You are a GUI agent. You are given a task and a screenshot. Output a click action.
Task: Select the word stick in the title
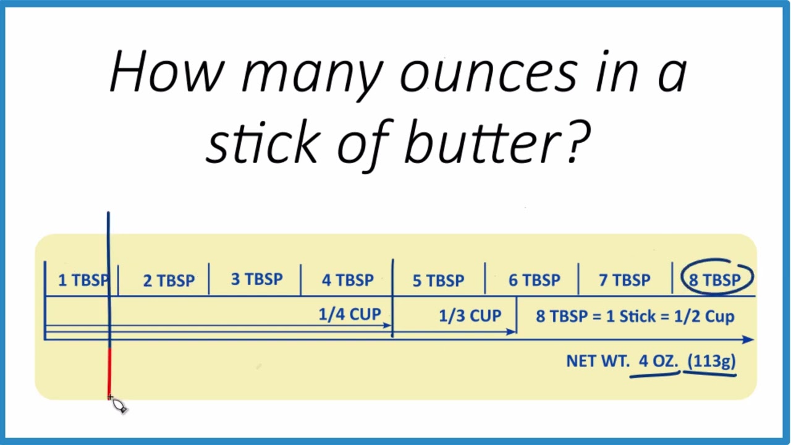pyautogui.click(x=263, y=142)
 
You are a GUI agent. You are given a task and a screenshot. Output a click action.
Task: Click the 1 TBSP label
pyautogui.click(x=83, y=281)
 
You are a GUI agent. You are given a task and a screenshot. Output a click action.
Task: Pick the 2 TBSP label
pyautogui.click(x=169, y=281)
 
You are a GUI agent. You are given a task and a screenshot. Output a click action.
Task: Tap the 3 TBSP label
pyautogui.click(x=256, y=279)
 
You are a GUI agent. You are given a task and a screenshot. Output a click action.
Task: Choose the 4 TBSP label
pyautogui.click(x=348, y=281)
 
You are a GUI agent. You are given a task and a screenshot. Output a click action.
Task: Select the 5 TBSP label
pyautogui.click(x=439, y=281)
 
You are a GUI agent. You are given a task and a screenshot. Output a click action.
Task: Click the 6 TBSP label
pyautogui.click(x=535, y=281)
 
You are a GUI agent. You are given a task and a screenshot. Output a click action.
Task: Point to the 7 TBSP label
pyautogui.click(x=625, y=281)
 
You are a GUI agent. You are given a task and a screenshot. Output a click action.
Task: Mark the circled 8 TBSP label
pyautogui.click(x=715, y=281)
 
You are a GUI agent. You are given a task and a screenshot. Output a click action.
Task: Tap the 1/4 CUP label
pyautogui.click(x=350, y=315)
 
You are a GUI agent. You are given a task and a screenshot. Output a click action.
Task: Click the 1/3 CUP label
pyautogui.click(x=470, y=316)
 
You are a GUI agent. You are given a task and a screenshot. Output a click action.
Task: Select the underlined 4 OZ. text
pyautogui.click(x=659, y=361)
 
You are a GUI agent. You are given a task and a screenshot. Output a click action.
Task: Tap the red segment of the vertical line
pyautogui.click(x=109, y=373)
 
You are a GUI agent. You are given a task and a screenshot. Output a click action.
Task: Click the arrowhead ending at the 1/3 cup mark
pyautogui.click(x=511, y=332)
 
